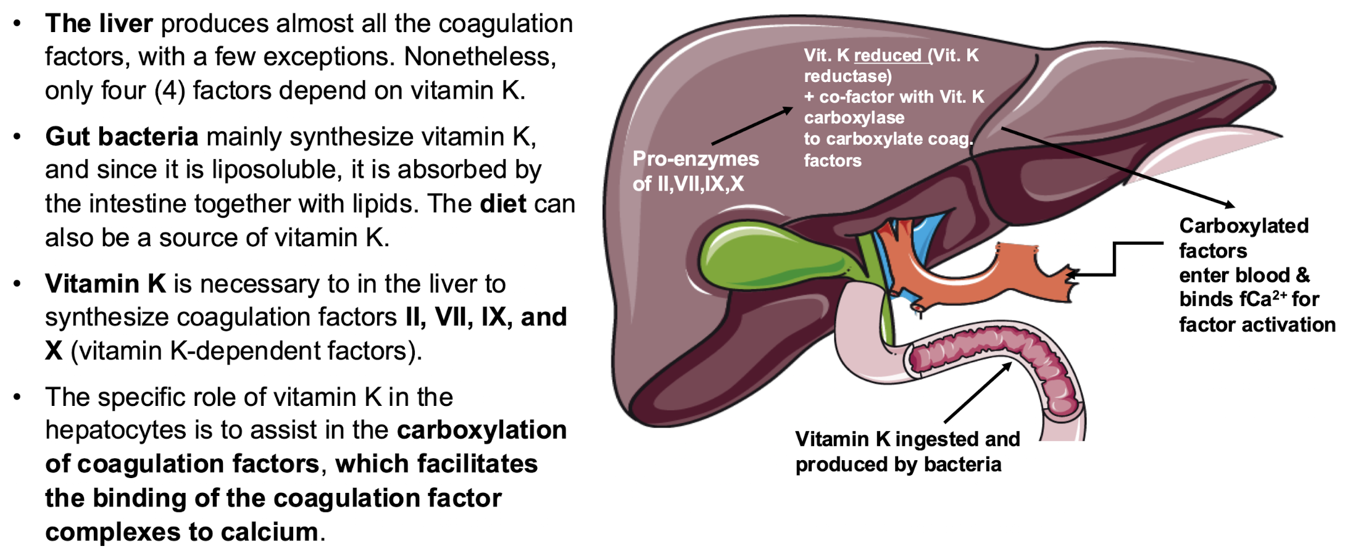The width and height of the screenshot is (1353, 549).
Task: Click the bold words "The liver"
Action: coord(99,24)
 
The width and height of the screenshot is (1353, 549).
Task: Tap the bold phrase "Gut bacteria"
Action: coord(122,137)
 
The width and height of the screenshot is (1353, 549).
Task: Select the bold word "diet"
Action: coord(503,204)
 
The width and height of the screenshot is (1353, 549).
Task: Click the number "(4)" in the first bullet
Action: coord(170,91)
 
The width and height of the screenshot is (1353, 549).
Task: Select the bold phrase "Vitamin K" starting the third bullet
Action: coord(106,284)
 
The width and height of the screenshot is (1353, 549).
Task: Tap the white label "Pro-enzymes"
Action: coord(696,159)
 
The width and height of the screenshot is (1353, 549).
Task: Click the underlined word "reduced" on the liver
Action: coord(888,56)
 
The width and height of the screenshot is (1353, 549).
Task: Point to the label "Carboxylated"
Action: coord(1244,226)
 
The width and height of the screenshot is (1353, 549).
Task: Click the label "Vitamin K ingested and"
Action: coord(907,439)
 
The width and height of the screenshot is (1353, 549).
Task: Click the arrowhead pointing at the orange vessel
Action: coord(1073,274)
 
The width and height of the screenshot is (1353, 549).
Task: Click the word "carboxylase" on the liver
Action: coord(854,118)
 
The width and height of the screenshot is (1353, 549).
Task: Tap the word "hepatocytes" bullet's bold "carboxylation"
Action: coord(481,431)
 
